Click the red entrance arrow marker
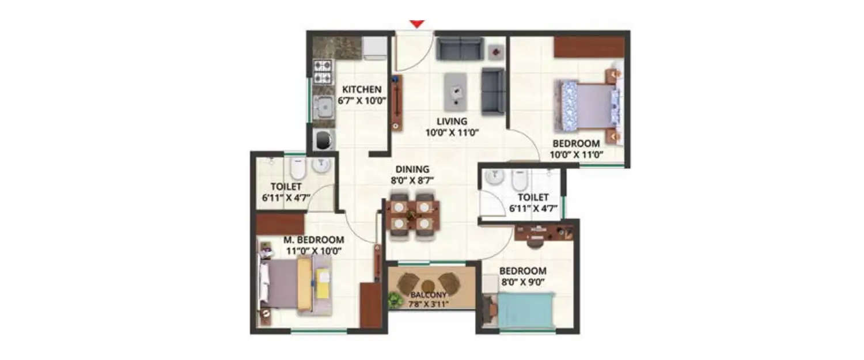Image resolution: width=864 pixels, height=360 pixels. [417, 24]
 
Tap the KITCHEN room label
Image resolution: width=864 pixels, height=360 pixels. [362, 89]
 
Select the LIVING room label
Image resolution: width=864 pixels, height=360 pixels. [452, 122]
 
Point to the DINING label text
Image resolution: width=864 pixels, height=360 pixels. [412, 169]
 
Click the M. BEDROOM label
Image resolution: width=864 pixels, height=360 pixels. [313, 240]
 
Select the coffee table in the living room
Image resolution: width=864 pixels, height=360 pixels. [459, 90]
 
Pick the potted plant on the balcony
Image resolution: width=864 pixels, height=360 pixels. [395, 299]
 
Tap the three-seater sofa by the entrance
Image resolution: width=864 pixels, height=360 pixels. [459, 48]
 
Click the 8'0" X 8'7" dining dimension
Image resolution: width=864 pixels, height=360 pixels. [412, 180]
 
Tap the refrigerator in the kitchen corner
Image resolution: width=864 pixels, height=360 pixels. [375, 48]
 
